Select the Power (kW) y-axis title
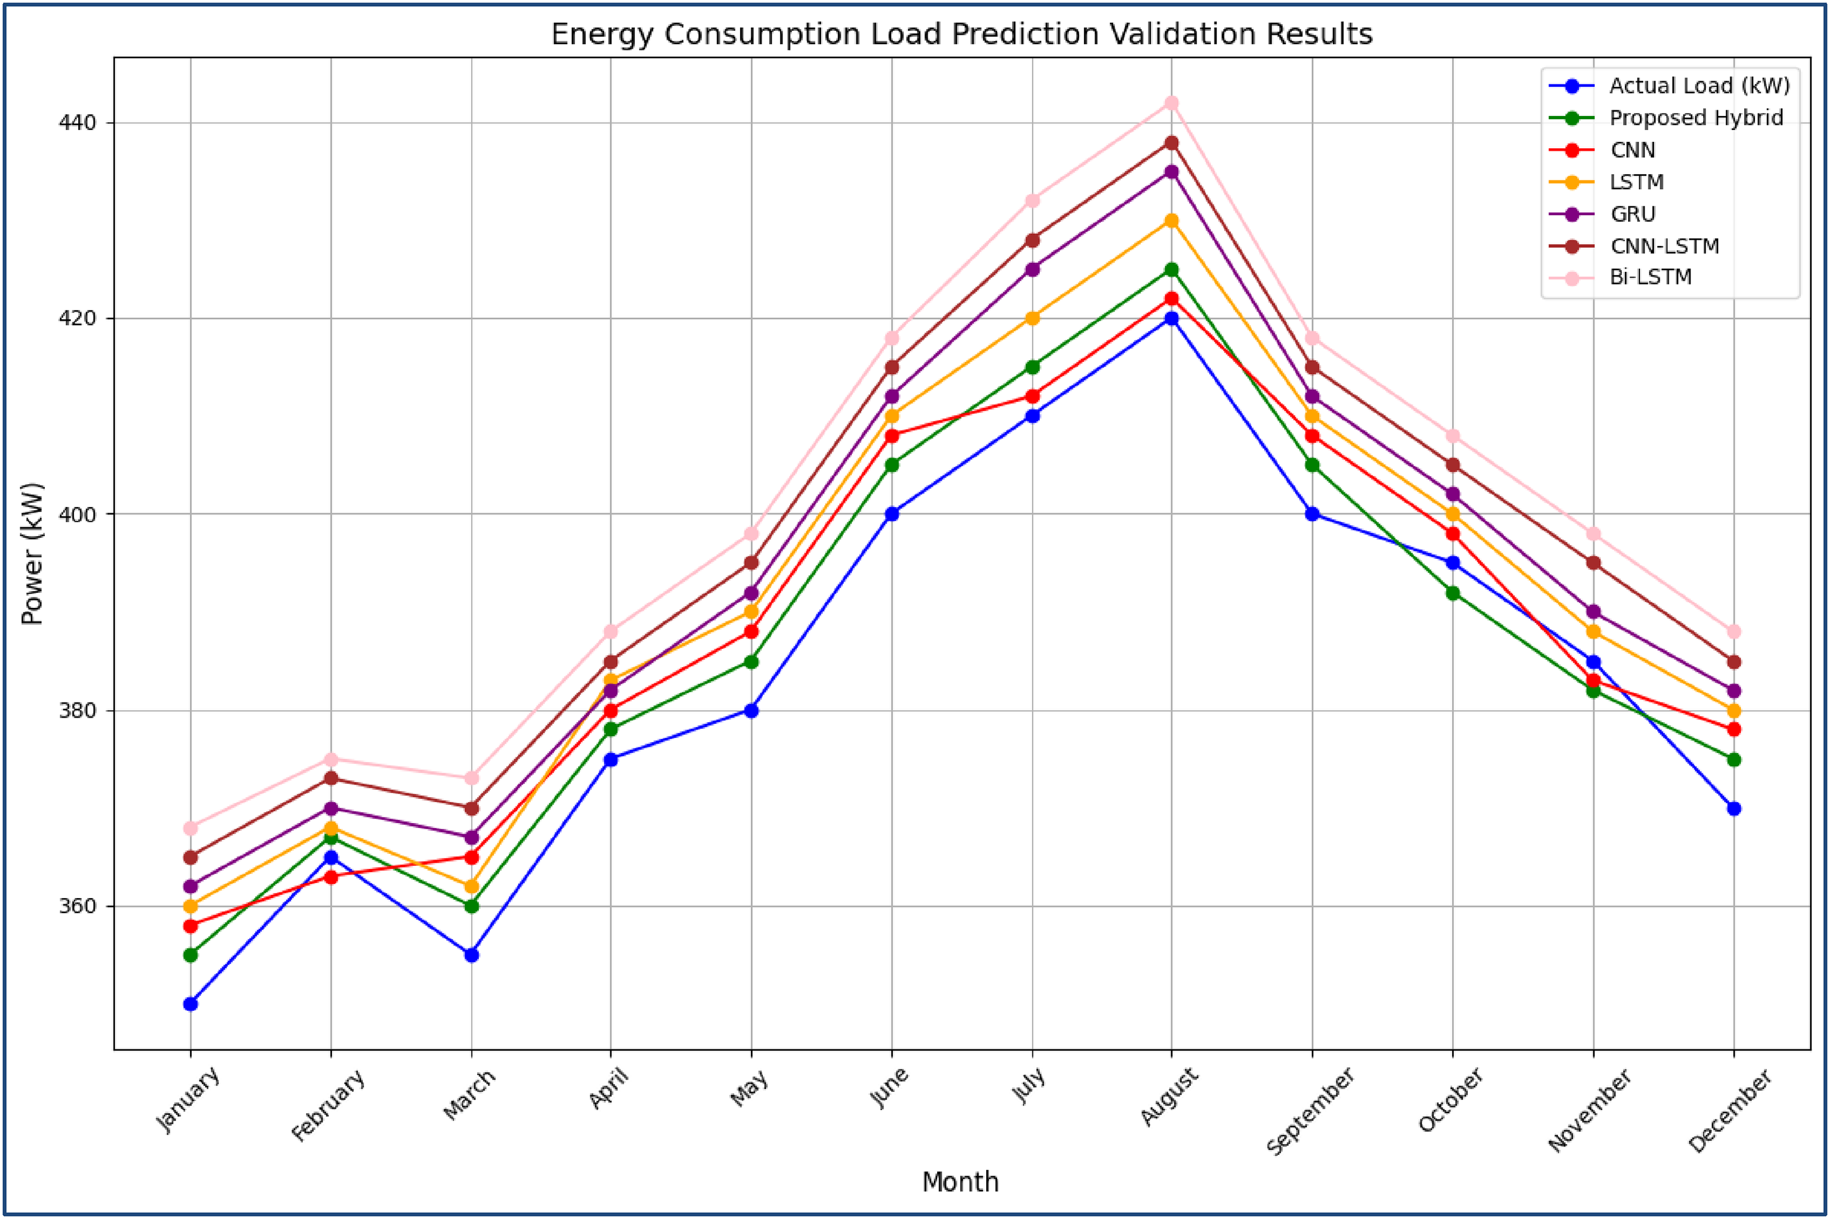pos(33,554)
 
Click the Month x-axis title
pos(960,1182)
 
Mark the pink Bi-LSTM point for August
pos(1171,103)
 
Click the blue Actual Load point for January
pos(191,1005)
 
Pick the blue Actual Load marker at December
pos(1733,808)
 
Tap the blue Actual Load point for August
pos(1171,318)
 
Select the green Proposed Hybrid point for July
pos(1032,367)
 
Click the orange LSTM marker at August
pos(1171,221)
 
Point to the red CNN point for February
pos(331,877)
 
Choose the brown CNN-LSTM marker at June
pos(891,367)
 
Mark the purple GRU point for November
pos(1593,612)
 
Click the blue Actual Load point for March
pos(471,955)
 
